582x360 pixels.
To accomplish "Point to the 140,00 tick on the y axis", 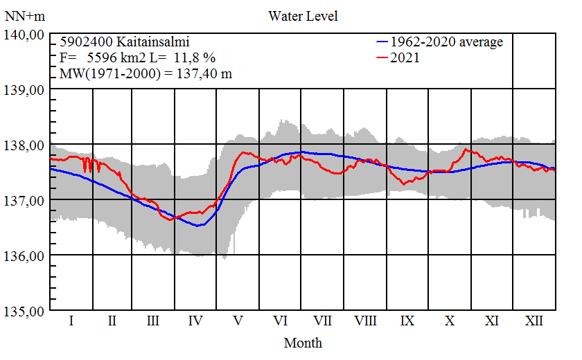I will [x=26, y=35].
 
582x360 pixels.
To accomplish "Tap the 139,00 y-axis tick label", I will [x=26, y=90].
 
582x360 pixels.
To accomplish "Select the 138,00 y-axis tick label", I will [x=26, y=145].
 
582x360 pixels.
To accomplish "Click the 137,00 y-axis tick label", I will [x=26, y=201].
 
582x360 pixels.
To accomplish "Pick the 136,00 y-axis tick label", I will [x=26, y=256].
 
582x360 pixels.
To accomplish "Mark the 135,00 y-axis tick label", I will [x=26, y=312].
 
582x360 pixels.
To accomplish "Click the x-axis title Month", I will [x=303, y=343].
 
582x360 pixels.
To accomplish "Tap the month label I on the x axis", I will [x=71, y=321].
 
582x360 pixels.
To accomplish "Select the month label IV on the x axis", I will [x=195, y=321].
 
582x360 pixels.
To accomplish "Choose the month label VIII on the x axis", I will [x=365, y=321].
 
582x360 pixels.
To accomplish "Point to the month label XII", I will [x=533, y=321].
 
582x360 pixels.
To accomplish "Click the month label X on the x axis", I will [x=450, y=321].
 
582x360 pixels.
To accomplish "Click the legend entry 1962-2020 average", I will [x=446, y=42].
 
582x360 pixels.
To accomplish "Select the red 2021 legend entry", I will [x=405, y=58].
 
